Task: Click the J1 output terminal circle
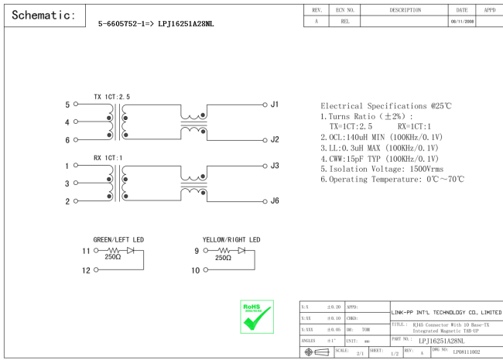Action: tap(265, 105)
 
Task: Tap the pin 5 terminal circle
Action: tap(76, 104)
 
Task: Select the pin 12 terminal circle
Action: tap(96, 270)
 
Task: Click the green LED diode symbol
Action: tap(131, 250)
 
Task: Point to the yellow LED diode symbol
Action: tap(241, 250)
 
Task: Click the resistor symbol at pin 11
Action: tap(113, 250)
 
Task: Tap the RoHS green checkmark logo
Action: tap(257, 317)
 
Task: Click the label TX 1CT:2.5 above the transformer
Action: tap(112, 97)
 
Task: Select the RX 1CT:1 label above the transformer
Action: tap(108, 158)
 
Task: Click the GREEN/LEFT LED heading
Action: tap(118, 240)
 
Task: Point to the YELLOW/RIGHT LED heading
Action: tap(231, 240)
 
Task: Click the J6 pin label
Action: tap(275, 201)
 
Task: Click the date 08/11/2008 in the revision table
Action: tap(462, 22)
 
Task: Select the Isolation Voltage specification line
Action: tap(382, 169)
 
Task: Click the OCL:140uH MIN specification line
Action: tap(382, 137)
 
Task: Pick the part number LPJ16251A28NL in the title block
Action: tap(441, 341)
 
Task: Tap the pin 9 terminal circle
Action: tap(206, 250)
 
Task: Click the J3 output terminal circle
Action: tap(265, 166)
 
